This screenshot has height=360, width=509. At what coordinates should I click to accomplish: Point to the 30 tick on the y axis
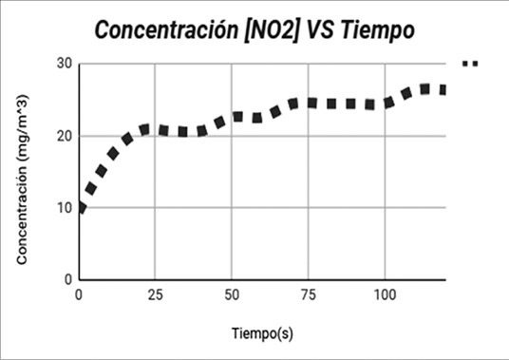tap(66, 64)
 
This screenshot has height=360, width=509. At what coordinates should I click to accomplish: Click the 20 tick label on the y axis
tap(66, 136)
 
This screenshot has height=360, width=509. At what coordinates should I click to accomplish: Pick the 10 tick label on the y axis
tap(66, 208)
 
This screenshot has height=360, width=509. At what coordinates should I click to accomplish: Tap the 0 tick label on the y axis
tap(69, 280)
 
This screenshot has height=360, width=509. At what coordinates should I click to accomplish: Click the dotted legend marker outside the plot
tap(470, 64)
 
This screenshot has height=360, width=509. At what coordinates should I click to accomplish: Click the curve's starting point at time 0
tap(81, 207)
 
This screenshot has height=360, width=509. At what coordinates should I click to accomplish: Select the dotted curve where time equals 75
tap(308, 103)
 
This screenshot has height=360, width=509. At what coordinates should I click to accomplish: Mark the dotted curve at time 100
tap(385, 104)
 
